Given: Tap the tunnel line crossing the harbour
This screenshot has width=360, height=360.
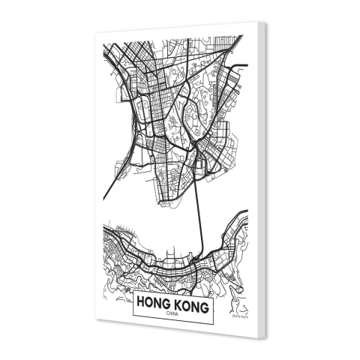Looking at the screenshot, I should tap(200, 217).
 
